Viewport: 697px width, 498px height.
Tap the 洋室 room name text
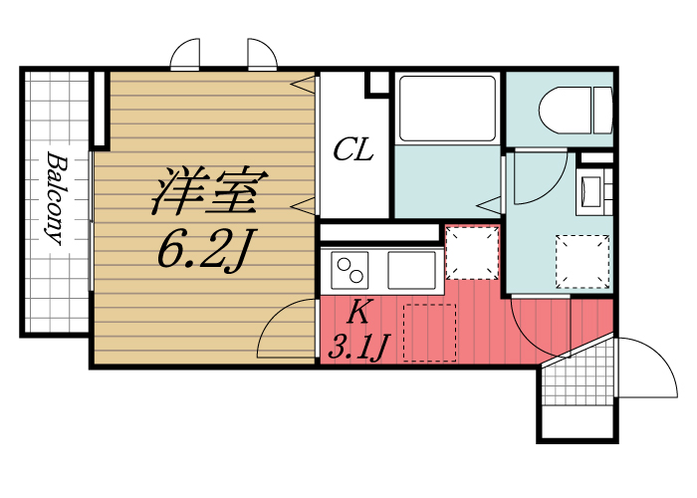pos(206,191)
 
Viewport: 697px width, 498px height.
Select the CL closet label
pos(352,150)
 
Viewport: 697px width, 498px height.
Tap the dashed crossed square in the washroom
pos(581,260)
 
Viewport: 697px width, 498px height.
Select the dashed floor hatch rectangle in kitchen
pos(428,331)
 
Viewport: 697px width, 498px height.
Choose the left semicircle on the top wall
pos(186,56)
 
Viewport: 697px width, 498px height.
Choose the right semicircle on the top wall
pos(262,56)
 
